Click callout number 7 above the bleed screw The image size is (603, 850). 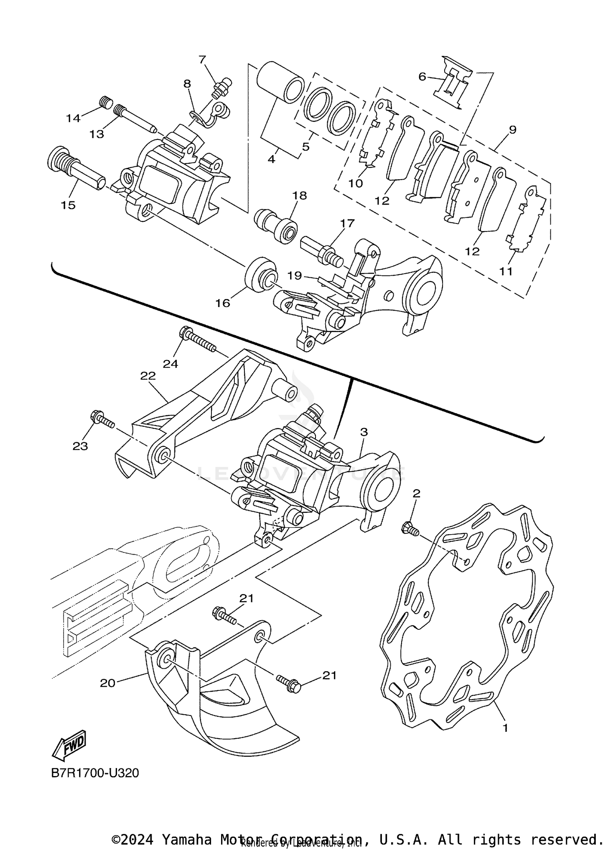click(202, 59)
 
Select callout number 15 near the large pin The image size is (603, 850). click(68, 205)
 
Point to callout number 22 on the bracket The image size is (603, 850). click(148, 376)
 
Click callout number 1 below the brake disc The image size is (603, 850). click(505, 727)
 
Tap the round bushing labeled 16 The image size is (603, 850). click(260, 278)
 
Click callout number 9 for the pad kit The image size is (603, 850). click(512, 130)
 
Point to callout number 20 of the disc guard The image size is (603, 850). click(107, 683)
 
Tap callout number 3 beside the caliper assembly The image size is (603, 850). click(363, 432)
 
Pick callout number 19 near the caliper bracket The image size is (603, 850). click(295, 275)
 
